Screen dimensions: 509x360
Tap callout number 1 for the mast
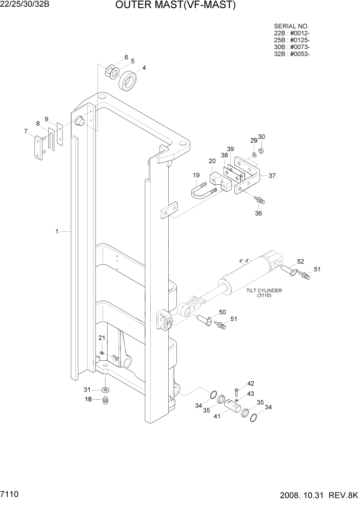(x=57, y=231)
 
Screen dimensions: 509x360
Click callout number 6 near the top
(x=126, y=57)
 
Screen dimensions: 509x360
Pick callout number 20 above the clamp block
(x=212, y=161)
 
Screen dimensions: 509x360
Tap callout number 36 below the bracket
(x=258, y=213)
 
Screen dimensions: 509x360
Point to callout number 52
(x=301, y=261)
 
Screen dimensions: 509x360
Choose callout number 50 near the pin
(x=222, y=312)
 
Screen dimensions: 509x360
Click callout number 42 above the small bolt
(x=251, y=383)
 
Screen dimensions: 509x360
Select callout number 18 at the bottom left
(x=88, y=399)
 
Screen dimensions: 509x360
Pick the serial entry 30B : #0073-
(x=292, y=47)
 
